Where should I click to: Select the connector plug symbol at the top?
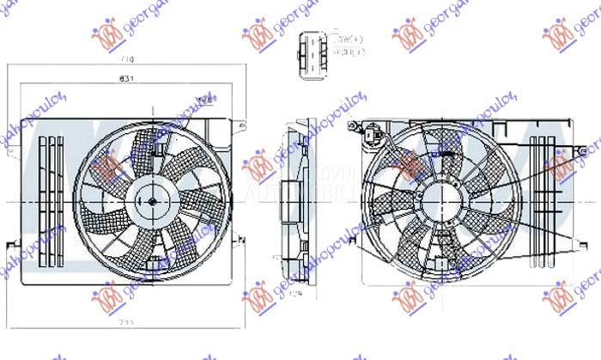tap(308, 49)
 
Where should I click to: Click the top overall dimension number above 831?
tap(128, 60)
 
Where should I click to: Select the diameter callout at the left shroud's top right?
tap(204, 101)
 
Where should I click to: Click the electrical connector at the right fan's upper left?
tap(370, 132)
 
